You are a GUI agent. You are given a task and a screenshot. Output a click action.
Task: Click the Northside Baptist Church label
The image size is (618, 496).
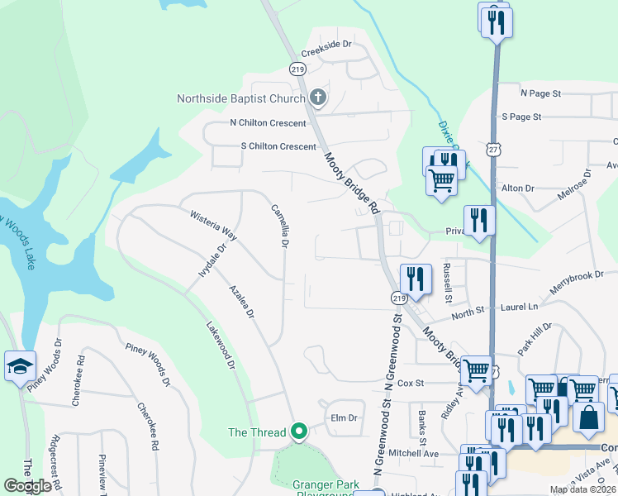point(241,98)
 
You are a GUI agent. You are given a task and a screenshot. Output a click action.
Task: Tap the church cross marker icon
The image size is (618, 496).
point(318,98)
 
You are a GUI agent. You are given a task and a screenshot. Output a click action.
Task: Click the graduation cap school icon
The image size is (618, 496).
point(20,366)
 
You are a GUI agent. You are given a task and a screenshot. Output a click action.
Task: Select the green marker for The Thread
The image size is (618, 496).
point(300,432)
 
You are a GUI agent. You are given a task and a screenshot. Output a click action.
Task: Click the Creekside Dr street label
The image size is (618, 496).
point(326,51)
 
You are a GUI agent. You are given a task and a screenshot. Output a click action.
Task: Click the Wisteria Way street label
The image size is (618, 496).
point(214,226)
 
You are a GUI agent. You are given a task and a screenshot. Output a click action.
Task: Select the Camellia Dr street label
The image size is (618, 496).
point(279,227)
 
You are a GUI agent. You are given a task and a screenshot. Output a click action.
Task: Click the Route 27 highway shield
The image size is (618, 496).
point(493,150)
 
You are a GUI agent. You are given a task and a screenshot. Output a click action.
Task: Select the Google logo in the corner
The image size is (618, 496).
point(27,486)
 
